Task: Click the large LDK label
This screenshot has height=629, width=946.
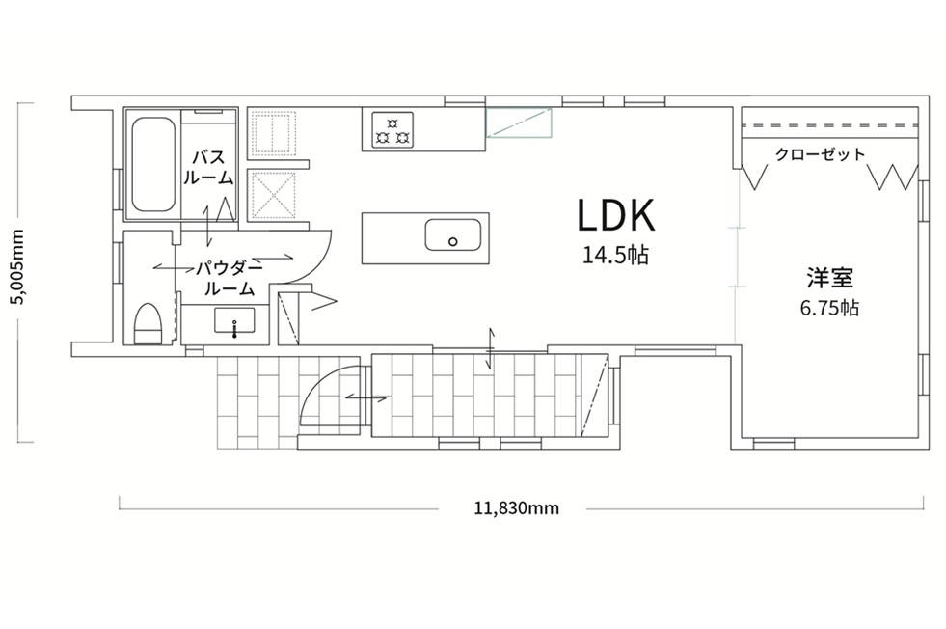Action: click(x=616, y=215)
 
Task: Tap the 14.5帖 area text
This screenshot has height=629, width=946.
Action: click(x=615, y=256)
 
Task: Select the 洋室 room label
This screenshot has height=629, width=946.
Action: click(x=829, y=278)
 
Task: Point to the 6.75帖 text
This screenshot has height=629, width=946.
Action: click(x=829, y=308)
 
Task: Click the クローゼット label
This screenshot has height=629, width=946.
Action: click(x=820, y=154)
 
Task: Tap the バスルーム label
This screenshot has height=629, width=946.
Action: click(x=208, y=167)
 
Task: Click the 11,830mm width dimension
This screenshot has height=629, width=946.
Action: click(x=517, y=508)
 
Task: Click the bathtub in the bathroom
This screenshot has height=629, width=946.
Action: click(x=152, y=164)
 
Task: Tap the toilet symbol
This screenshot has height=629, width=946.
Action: click(x=148, y=324)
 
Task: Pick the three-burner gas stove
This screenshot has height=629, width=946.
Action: click(x=392, y=130)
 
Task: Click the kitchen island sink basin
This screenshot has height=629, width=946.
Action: click(x=453, y=234)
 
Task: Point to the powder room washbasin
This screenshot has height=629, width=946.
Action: click(x=234, y=320)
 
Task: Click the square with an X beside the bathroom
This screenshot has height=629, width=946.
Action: click(x=273, y=194)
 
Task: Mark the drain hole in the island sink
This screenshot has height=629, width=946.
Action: click(x=453, y=242)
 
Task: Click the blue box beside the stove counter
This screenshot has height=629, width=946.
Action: click(x=520, y=123)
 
